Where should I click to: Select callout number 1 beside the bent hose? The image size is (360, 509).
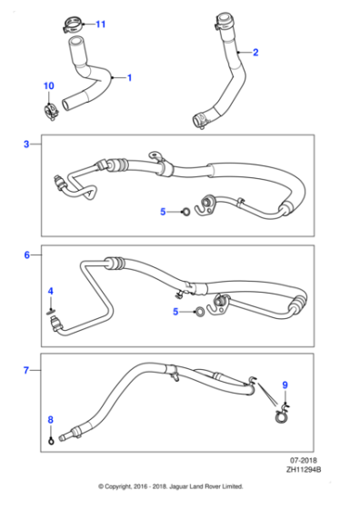tap(129, 78)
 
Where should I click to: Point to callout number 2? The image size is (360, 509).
tap(255, 53)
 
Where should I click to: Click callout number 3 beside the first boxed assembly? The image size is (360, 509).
tap(27, 144)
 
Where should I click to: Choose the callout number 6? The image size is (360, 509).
tap(27, 256)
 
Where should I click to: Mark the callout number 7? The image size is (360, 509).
tap(27, 371)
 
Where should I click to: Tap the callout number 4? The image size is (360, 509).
tap(51, 291)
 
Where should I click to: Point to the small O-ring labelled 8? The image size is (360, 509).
tap(51, 443)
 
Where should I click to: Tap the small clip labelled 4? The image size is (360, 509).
tap(53, 309)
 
